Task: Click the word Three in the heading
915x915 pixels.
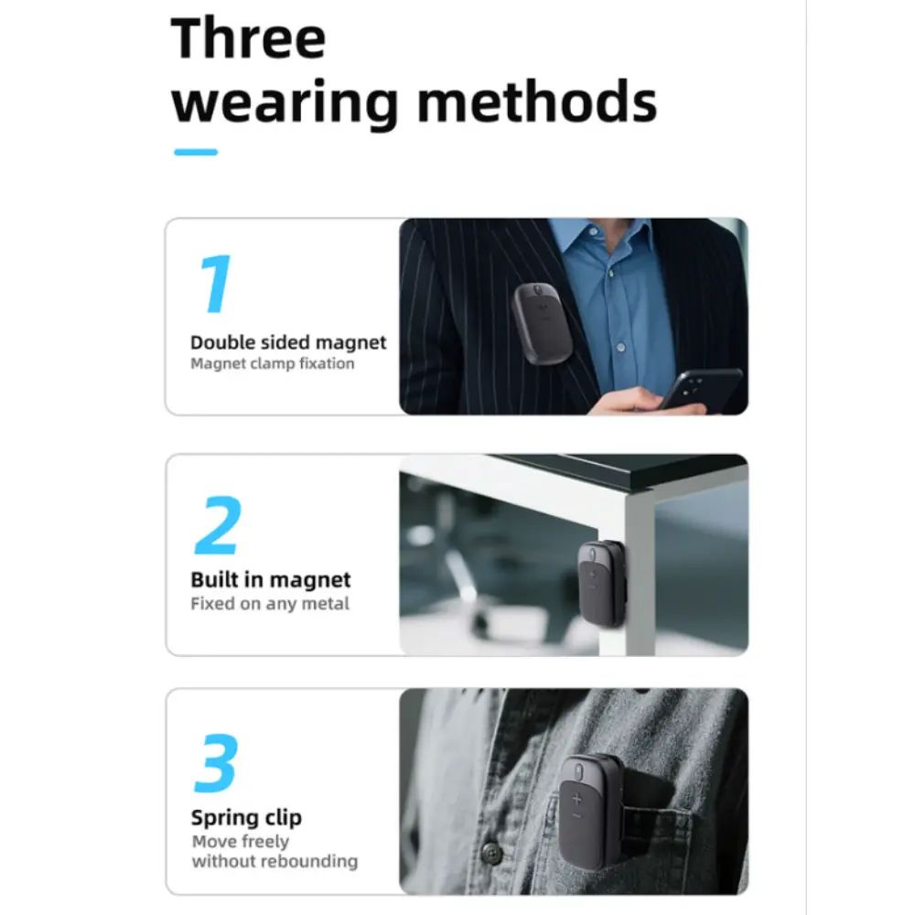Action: (248, 38)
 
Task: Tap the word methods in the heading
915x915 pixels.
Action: (537, 102)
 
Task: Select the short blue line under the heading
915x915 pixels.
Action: (196, 152)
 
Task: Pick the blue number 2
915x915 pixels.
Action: (218, 524)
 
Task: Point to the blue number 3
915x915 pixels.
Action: (216, 763)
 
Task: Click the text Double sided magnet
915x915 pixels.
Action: (288, 342)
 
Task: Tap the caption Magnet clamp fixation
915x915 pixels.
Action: (273, 363)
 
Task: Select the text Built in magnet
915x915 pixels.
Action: (271, 579)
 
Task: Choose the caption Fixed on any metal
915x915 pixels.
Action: (270, 603)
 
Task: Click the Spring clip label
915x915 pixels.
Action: (246, 818)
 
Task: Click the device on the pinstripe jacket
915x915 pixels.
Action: (542, 323)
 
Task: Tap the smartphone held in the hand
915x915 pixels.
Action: (700, 389)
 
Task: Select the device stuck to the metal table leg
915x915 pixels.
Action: (602, 584)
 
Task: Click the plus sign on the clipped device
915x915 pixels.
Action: (577, 799)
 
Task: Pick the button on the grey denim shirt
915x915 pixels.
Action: (492, 853)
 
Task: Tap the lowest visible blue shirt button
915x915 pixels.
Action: (621, 347)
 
